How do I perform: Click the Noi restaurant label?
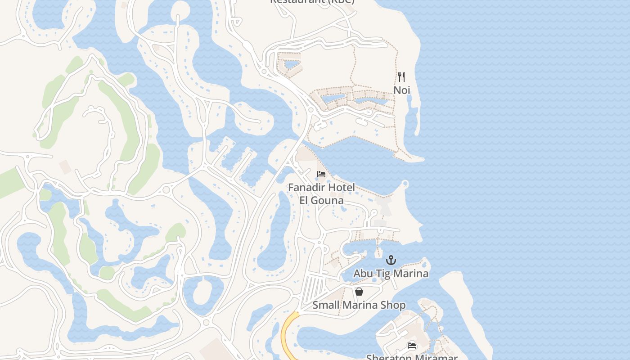pos(402,90)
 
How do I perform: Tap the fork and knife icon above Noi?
pos(401,77)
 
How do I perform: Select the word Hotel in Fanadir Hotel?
pos(342,187)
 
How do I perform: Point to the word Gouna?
pos(328,200)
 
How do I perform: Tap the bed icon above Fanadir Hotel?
pos(321,174)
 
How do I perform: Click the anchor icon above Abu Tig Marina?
pos(391,260)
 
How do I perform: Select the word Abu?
pos(362,273)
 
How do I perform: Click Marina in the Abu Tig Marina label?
pos(410,273)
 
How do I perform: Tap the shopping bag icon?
pos(359,292)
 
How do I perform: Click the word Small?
pos(327,305)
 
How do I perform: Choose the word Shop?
pos(394,305)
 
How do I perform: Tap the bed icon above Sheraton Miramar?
pos(412,346)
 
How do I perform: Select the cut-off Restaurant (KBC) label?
pos(312,2)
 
